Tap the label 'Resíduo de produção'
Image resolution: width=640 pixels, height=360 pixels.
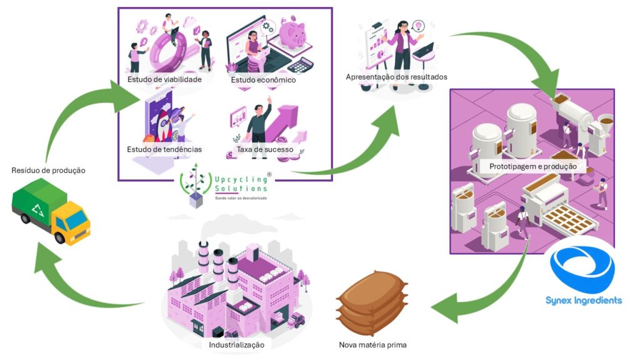click(x=48, y=170)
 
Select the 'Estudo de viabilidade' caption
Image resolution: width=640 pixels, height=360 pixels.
click(x=164, y=79)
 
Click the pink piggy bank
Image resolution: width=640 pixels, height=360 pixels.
click(x=291, y=34)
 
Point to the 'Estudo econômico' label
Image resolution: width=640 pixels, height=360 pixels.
click(x=263, y=80)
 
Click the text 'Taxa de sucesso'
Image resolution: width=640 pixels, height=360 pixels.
click(x=265, y=149)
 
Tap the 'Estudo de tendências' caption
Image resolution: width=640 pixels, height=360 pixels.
click(x=164, y=149)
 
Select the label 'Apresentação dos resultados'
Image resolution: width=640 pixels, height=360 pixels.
click(x=396, y=77)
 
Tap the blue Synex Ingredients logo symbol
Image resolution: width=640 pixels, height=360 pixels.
click(x=582, y=269)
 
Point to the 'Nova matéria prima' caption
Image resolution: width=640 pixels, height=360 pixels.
click(x=372, y=344)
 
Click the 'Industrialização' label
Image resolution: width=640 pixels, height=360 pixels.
click(x=236, y=344)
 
